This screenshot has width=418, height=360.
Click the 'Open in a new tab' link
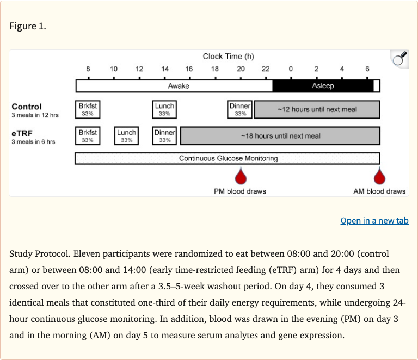(x=374, y=220)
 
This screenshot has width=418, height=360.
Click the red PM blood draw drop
(x=240, y=177)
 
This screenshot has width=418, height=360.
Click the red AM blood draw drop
(x=379, y=177)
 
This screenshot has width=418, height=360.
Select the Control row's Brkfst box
(x=87, y=109)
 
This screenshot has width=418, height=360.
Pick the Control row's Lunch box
(x=164, y=109)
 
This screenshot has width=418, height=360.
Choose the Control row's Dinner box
(x=240, y=109)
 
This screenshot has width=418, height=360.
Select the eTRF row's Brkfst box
(x=87, y=136)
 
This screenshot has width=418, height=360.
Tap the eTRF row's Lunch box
(x=126, y=136)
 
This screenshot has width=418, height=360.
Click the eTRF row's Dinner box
(x=164, y=136)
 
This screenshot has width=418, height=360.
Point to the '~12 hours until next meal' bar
(x=317, y=109)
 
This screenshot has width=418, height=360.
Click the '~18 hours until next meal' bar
(x=280, y=136)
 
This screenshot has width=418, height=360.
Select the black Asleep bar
(x=323, y=86)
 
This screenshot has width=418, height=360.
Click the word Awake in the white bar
(x=179, y=86)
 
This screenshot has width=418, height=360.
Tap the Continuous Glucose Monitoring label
(x=228, y=158)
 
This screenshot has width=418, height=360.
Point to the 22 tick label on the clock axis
(x=265, y=69)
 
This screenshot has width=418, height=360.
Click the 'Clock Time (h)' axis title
(x=228, y=57)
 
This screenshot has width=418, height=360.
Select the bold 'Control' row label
(x=27, y=107)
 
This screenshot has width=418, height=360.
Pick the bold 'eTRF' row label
(x=22, y=133)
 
